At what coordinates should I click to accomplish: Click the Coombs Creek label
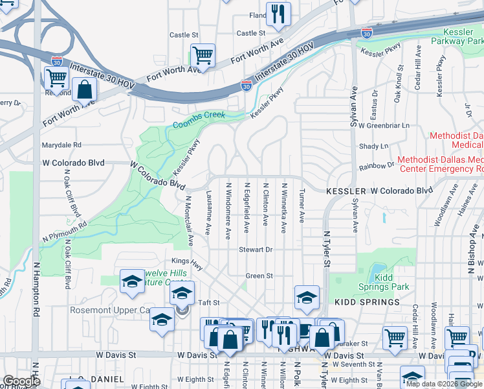click(199, 116)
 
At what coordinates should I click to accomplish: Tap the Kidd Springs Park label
click(384, 281)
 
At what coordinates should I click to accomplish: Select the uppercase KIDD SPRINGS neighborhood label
click(367, 302)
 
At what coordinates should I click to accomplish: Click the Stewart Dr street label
click(256, 250)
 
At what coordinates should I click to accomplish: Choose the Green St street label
click(259, 276)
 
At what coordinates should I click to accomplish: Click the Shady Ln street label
click(373, 147)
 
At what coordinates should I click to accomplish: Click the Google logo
click(21, 381)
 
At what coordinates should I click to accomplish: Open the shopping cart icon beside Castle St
click(203, 55)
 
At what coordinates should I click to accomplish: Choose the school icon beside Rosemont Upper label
click(161, 320)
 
